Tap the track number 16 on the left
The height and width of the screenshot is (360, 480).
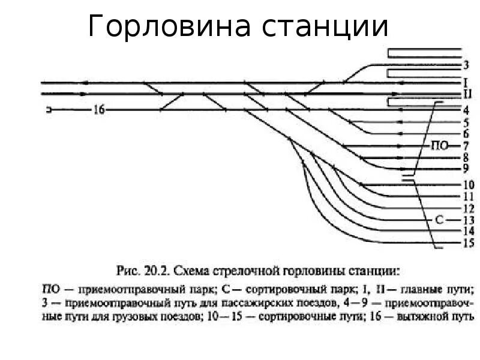[x=99, y=109]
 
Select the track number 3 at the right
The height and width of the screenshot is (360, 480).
[x=466, y=65]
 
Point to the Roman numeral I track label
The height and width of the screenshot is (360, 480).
[x=466, y=82]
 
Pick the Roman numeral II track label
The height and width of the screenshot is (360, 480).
[x=466, y=94]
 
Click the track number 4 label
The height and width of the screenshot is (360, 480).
[x=466, y=110]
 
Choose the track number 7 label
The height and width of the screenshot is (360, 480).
[x=466, y=146]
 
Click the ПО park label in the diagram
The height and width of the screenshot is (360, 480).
[x=439, y=146]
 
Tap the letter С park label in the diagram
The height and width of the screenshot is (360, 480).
[x=439, y=220]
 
